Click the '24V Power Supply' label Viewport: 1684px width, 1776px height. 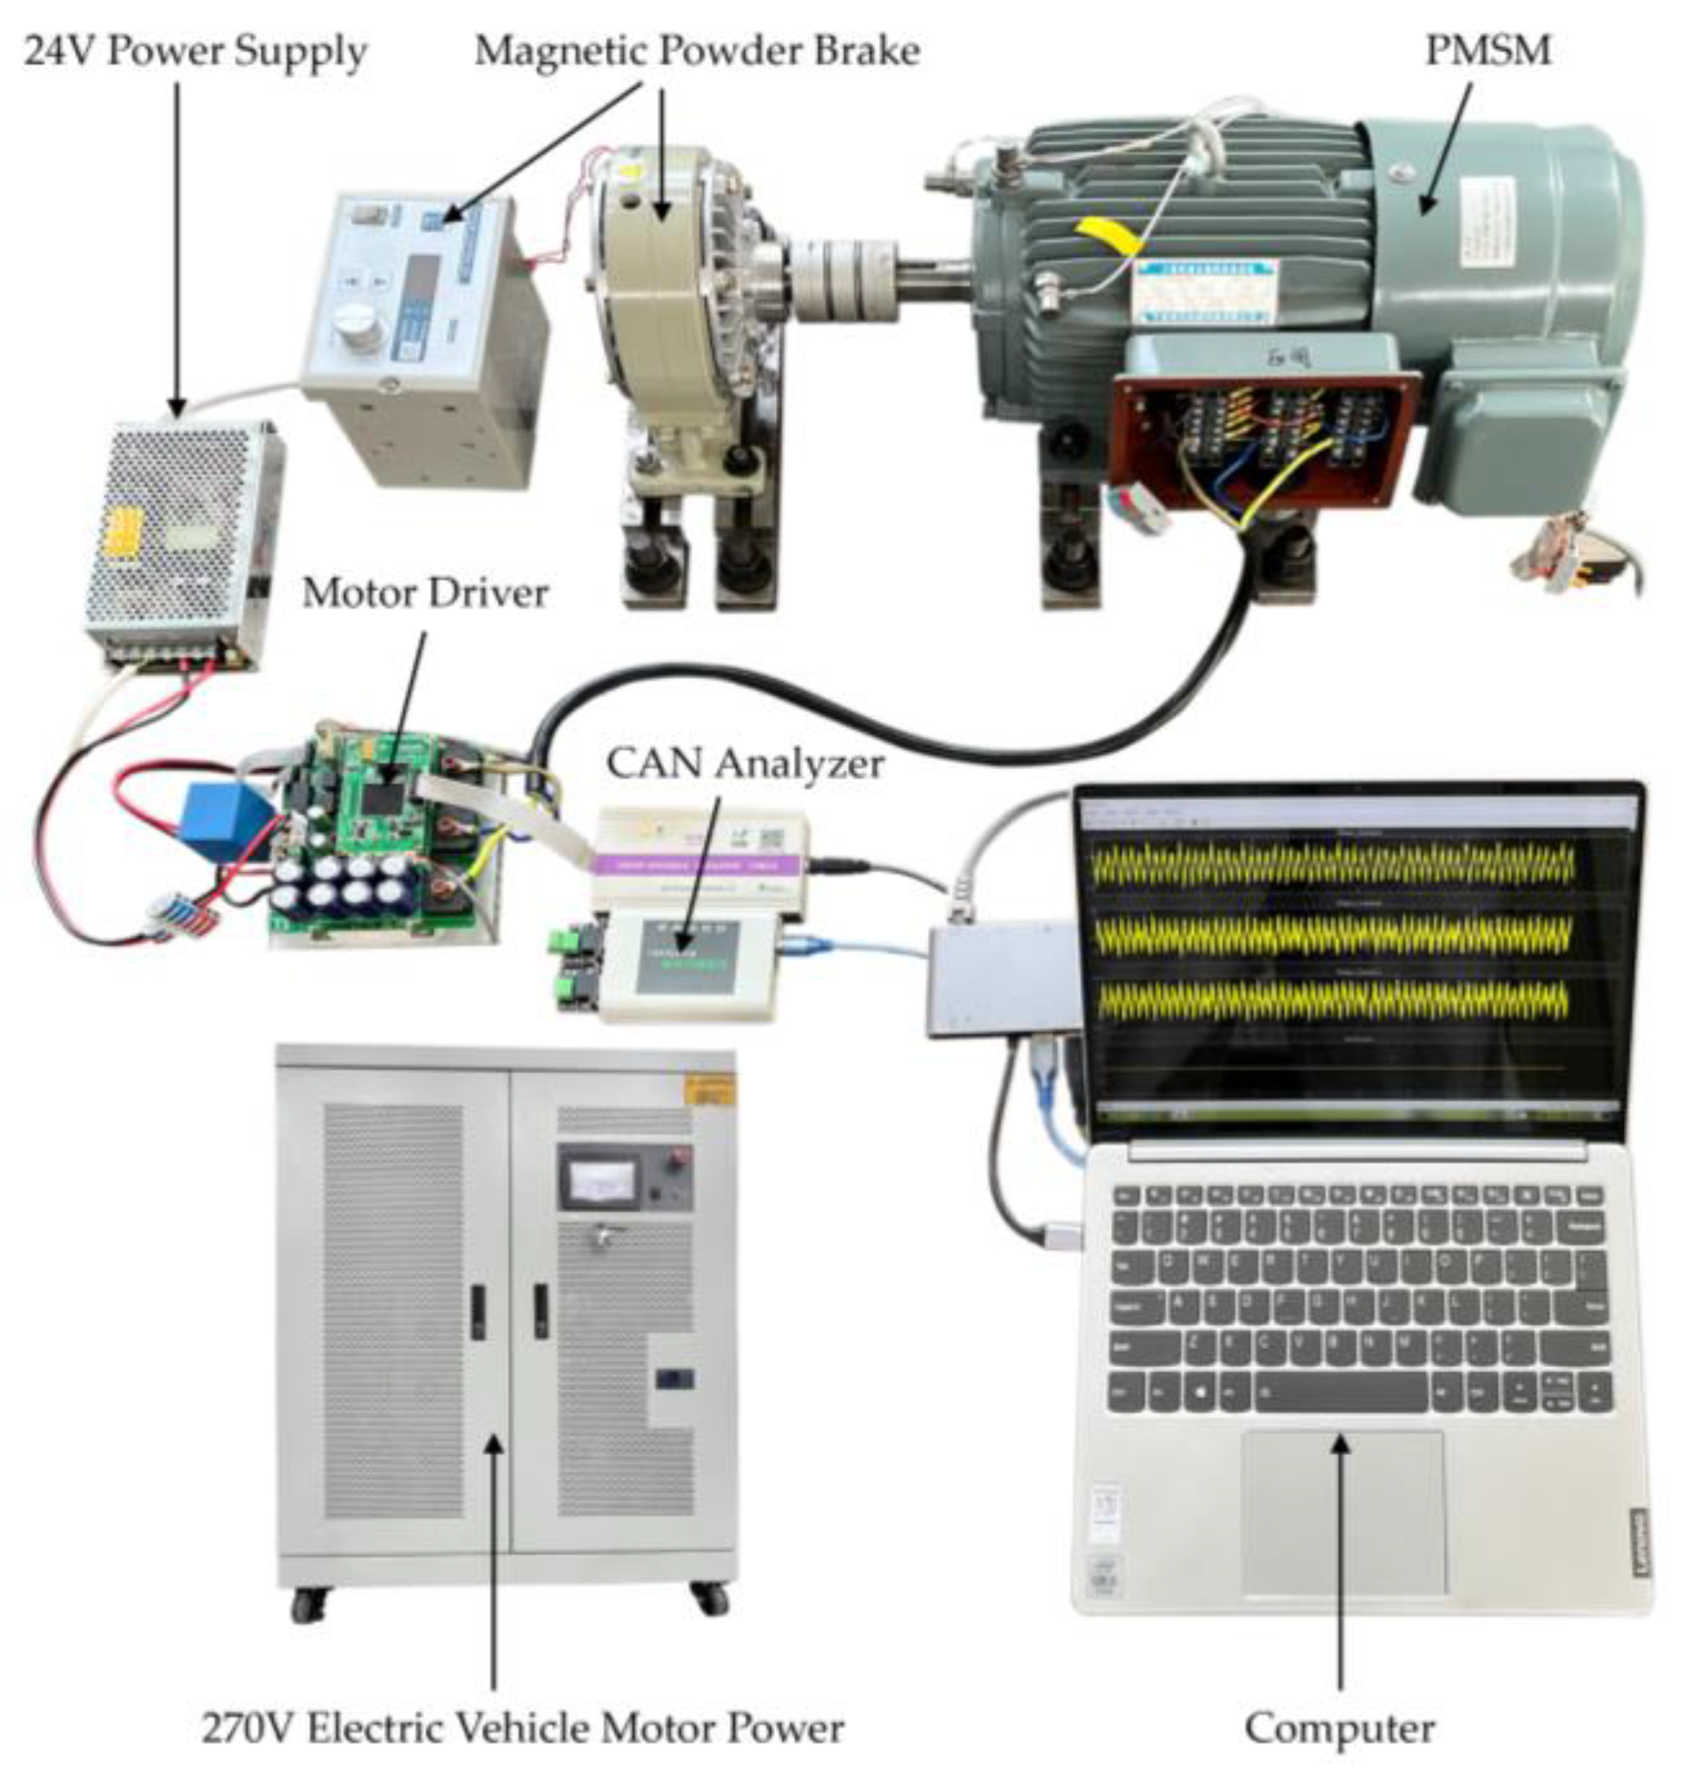pos(195,52)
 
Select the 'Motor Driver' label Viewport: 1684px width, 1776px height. pos(425,593)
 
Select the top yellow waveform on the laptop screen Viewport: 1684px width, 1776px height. pos(1334,864)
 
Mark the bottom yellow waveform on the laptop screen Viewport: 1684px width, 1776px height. pos(1334,1000)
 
